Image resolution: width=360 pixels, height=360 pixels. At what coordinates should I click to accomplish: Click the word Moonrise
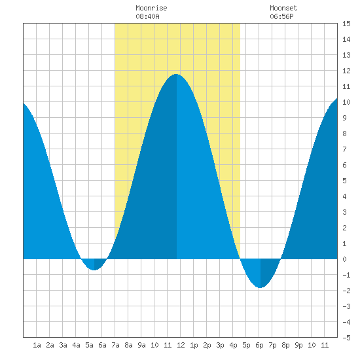[151, 8]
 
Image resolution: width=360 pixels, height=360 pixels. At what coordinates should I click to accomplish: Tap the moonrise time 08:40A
[147, 16]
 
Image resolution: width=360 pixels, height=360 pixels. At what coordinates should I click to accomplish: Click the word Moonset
[283, 8]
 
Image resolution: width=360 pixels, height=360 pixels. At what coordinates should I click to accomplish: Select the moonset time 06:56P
[281, 16]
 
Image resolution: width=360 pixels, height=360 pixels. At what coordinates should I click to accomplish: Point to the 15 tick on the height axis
[346, 24]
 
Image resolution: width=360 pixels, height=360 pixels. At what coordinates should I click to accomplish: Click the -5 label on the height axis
[346, 338]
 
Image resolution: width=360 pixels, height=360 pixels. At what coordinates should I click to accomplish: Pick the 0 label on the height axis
[344, 259]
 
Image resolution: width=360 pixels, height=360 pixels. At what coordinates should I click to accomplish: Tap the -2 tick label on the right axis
[346, 291]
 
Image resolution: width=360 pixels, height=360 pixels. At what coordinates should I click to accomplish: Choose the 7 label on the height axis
[344, 149]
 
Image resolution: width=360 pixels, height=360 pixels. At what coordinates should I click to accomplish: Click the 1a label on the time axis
[37, 345]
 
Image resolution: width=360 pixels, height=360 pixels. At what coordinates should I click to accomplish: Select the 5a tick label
[89, 345]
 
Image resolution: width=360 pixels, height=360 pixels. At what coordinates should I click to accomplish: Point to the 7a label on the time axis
[115, 345]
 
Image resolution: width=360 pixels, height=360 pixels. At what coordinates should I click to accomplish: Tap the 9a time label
[141, 345]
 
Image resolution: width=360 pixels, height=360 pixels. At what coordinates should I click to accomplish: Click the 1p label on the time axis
[194, 345]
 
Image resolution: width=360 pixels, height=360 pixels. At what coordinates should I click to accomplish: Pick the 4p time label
[233, 345]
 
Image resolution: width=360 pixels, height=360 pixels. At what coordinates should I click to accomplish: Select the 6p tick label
[259, 345]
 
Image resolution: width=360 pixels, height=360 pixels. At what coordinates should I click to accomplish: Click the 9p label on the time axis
[298, 345]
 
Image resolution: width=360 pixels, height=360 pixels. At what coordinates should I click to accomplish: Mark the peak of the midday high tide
[176, 74]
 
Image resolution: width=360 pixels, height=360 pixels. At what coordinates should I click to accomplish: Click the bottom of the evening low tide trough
[260, 287]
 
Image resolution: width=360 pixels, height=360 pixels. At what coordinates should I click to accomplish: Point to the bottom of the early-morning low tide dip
[94, 270]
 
